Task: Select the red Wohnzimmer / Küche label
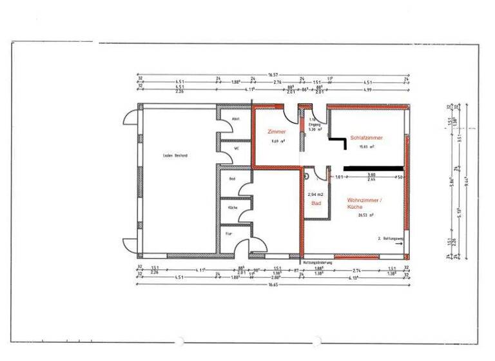pyautogui.click(x=364, y=204)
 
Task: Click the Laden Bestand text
pyautogui.click(x=175, y=156)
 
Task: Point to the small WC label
pyautogui.click(x=237, y=148)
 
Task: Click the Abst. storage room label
pyautogui.click(x=236, y=119)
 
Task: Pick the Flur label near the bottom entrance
pyautogui.click(x=229, y=233)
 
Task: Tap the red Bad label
pyautogui.click(x=316, y=203)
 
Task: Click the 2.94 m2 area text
pyautogui.click(x=316, y=194)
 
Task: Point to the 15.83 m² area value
pyautogui.click(x=367, y=147)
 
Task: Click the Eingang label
pyautogui.click(x=314, y=124)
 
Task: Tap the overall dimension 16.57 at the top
pyautogui.click(x=273, y=75)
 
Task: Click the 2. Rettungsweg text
pyautogui.click(x=391, y=239)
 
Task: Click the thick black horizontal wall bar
pyautogui.click(x=373, y=168)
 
